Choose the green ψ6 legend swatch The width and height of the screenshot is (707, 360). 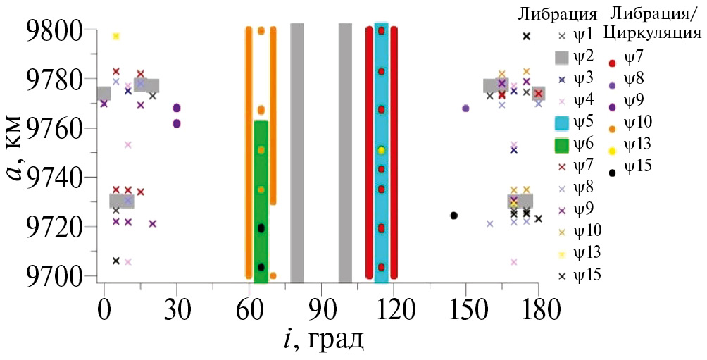[x=561, y=146]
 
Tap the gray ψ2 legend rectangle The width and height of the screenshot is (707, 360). [x=561, y=58]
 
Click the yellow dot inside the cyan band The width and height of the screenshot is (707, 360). [x=381, y=150]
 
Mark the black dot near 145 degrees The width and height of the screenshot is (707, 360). [x=454, y=216]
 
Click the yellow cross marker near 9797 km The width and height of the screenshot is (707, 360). [x=116, y=36]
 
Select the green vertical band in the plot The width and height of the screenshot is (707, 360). [x=261, y=197]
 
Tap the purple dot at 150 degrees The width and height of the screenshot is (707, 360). [x=465, y=108]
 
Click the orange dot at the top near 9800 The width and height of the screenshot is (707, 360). [x=261, y=31]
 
